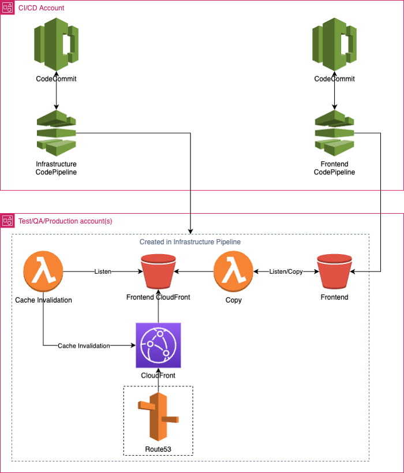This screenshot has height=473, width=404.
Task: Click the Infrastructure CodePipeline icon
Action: (56, 133)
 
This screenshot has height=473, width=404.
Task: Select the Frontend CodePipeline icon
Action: (334, 133)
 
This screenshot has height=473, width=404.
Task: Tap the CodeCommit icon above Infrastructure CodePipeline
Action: (56, 44)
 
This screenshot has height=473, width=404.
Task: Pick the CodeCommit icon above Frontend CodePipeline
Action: (334, 44)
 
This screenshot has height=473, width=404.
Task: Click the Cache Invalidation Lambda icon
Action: (43, 271)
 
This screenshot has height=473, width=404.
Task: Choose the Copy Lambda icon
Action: (233, 271)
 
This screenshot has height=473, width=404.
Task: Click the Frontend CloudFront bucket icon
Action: (158, 271)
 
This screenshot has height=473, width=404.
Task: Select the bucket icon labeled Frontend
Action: (334, 271)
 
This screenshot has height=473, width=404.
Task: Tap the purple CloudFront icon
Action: (158, 345)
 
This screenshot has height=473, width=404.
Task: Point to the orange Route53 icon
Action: (158, 416)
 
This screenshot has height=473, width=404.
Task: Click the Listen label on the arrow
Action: (103, 271)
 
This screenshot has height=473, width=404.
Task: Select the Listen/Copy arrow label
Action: (286, 271)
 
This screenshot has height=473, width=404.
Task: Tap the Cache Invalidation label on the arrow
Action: (84, 346)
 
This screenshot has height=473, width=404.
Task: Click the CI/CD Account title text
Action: (42, 8)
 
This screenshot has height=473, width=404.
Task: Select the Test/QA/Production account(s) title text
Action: (65, 221)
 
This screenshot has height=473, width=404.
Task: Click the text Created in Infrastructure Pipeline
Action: (190, 241)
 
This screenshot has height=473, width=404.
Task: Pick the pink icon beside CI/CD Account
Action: (8, 8)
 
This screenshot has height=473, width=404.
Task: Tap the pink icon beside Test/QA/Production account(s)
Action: (8, 221)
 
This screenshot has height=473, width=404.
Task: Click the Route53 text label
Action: (158, 449)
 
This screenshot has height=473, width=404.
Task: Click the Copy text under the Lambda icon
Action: (234, 300)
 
